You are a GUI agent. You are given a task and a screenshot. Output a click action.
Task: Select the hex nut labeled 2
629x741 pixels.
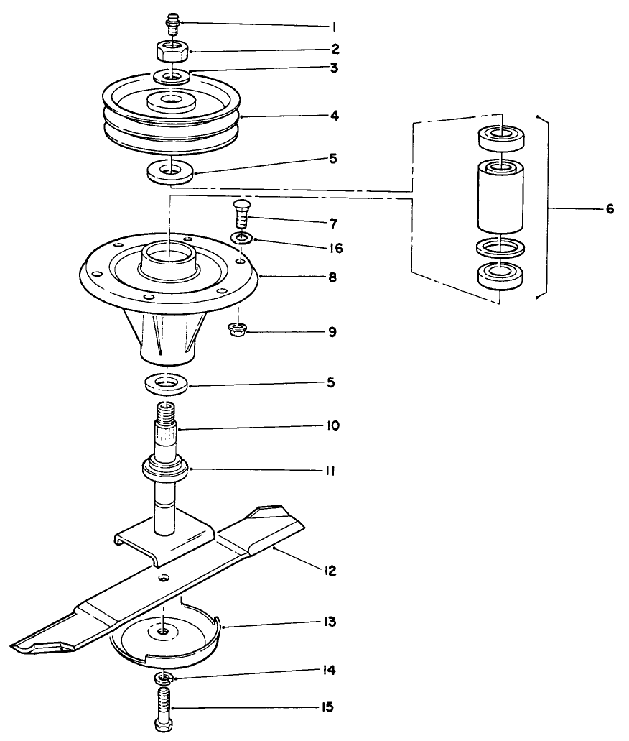171,52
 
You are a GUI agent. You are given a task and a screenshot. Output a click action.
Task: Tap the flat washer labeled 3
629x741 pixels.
171,76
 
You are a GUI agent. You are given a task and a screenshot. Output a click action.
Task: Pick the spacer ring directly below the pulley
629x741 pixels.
170,172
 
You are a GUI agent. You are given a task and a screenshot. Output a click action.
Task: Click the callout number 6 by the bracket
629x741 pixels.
609,209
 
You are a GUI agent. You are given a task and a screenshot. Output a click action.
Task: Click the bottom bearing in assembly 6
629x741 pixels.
500,276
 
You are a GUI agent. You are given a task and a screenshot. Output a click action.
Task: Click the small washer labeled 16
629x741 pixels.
242,237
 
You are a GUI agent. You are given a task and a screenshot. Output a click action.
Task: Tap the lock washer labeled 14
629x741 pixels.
165,678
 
